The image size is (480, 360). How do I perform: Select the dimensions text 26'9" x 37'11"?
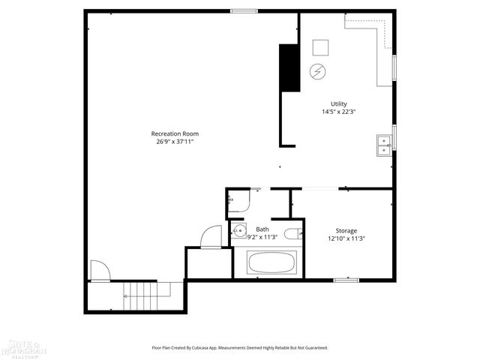point(175,141)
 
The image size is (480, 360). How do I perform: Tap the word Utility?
point(339,103)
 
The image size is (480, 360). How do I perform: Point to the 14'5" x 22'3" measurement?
point(339,112)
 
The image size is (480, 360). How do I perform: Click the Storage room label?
point(346,230)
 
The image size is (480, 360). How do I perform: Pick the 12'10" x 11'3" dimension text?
point(346,238)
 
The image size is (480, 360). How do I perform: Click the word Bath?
point(262,229)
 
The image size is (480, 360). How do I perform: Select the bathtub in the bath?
point(271,263)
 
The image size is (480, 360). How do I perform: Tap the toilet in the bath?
point(294,232)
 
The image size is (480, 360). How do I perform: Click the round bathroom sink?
point(238,230)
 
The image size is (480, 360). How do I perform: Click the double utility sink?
point(383,144)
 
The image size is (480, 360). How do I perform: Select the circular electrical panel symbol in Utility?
point(317,71)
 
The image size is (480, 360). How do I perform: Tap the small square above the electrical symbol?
point(321,46)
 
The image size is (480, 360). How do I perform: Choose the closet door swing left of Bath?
point(211,237)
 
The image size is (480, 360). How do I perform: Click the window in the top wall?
point(241,10)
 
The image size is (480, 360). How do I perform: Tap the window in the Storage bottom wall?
point(346,280)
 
